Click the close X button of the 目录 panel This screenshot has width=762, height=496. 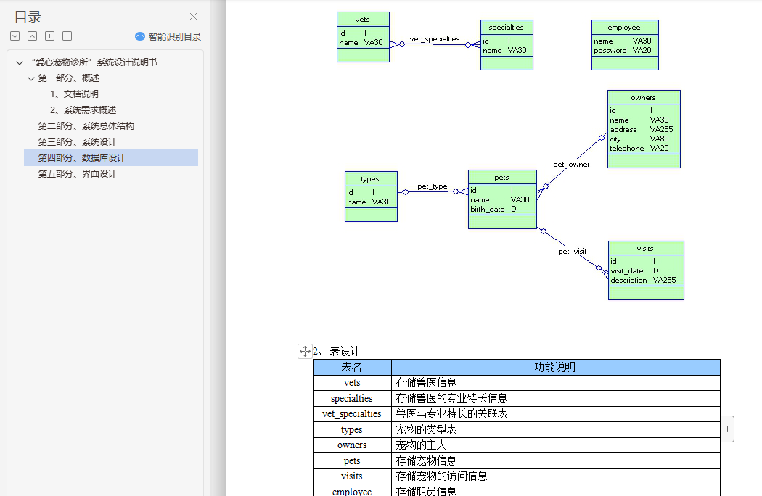tap(193, 17)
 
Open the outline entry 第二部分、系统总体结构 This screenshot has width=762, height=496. tap(86, 126)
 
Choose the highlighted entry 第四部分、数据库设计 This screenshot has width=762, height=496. tap(82, 158)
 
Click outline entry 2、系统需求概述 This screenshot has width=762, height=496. tap(83, 110)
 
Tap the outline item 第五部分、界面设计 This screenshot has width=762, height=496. tap(77, 174)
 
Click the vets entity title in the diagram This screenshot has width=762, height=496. tap(363, 19)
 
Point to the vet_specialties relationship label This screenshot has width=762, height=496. tap(434, 39)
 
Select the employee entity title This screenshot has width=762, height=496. tap(624, 28)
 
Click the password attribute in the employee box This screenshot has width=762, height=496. tap(610, 51)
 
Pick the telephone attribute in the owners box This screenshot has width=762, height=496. tap(626, 149)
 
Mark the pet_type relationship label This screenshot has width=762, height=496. tap(432, 186)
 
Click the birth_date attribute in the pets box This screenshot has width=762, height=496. tap(487, 210)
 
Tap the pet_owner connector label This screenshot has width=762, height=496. tap(571, 165)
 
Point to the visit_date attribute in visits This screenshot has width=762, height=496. tap(626, 271)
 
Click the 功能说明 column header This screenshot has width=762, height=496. tap(554, 368)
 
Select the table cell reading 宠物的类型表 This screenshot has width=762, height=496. tap(426, 430)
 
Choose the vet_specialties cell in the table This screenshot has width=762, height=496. tap(351, 414)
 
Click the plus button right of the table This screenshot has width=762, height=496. tap(727, 429)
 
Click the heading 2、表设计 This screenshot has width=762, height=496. tap(336, 352)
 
